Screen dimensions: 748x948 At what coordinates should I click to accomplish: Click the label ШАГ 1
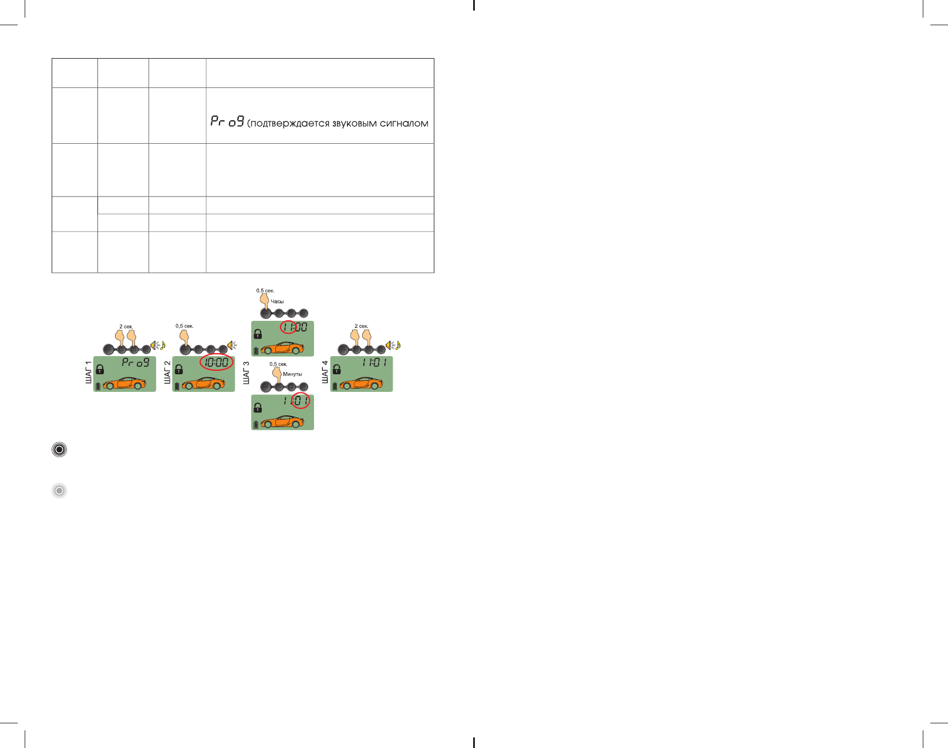pos(89,373)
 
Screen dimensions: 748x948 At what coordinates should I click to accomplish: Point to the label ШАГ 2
pos(167,373)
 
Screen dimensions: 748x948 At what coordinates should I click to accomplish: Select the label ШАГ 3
pos(246,373)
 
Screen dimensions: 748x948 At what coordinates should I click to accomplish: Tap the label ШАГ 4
pos(325,373)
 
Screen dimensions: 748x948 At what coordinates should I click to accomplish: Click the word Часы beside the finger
pos(277,302)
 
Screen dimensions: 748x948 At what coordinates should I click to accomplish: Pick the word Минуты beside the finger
pos(292,374)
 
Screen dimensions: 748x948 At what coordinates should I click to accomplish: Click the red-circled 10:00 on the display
pos(217,363)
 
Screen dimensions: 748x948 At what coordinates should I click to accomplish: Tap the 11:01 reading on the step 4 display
pos(374,363)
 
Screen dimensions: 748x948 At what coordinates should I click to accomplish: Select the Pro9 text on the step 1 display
pos(136,363)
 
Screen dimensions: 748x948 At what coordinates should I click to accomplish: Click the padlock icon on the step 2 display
pos(179,370)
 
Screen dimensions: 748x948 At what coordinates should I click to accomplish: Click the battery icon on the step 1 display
pos(98,386)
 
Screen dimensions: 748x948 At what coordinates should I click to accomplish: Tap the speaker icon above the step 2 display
pos(232,345)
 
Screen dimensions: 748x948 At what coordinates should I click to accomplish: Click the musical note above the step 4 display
pos(398,345)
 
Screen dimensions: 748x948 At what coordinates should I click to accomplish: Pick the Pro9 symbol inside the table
pos(227,121)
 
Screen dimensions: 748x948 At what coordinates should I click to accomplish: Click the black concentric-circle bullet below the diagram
pos(59,450)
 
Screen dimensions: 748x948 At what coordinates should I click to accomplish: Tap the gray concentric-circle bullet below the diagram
pos(59,490)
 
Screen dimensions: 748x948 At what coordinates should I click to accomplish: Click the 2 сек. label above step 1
pos(126,326)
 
